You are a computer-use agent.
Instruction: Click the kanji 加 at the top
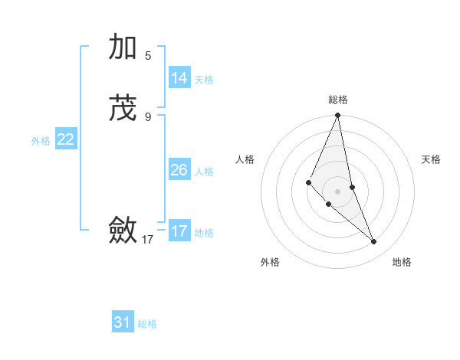tap(123, 47)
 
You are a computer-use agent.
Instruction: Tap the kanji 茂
tap(123, 108)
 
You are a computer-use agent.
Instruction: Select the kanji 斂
tap(123, 230)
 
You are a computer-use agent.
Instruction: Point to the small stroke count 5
tap(148, 55)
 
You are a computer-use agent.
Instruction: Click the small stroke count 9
tap(148, 116)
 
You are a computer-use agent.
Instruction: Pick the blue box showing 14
tap(179, 78)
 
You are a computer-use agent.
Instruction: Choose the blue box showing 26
tap(179, 170)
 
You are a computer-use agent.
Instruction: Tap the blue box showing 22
tap(66, 139)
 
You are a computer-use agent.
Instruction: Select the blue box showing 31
tap(123, 322)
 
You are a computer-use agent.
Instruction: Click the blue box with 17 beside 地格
tap(179, 231)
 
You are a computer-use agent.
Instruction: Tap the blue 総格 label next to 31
tap(147, 324)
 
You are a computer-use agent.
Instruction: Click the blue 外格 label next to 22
tap(41, 141)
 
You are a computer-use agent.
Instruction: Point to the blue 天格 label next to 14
tap(204, 80)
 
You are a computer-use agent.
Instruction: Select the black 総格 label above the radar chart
tap(338, 100)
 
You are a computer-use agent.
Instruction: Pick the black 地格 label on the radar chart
tap(402, 263)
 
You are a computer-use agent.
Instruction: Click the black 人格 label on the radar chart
tap(245, 159)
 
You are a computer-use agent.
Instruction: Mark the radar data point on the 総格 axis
tap(338, 116)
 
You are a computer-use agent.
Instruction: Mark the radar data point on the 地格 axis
tap(374, 242)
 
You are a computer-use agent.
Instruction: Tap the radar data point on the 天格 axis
tap(352, 187)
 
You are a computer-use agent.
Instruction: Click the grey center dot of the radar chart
tap(338, 191)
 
